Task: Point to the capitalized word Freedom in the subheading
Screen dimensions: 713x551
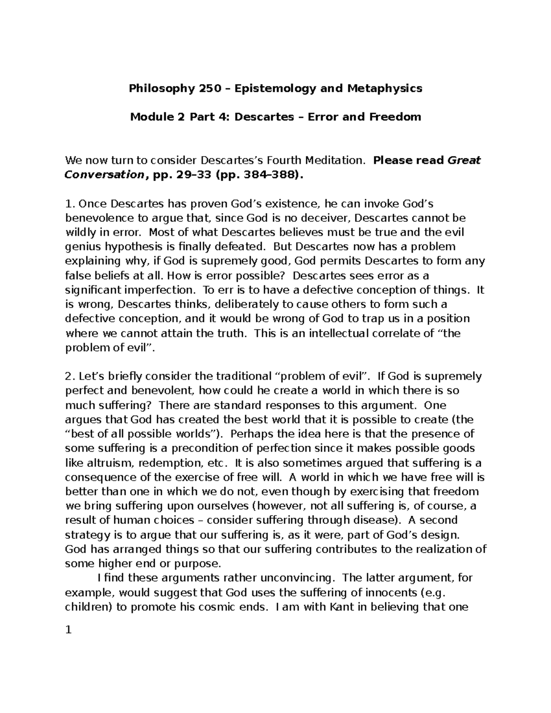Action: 395,117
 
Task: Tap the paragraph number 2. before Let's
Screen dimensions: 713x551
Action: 69,376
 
